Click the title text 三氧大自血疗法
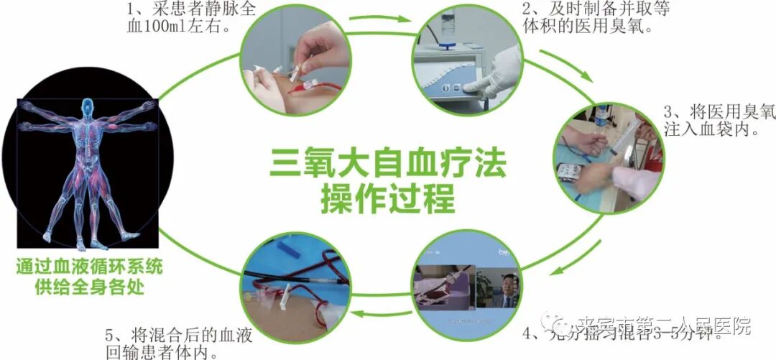(x=388, y=163)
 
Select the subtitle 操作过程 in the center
(x=388, y=198)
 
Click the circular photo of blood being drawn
(x=295, y=61)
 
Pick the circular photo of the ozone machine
(x=467, y=61)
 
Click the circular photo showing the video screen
(x=467, y=287)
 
